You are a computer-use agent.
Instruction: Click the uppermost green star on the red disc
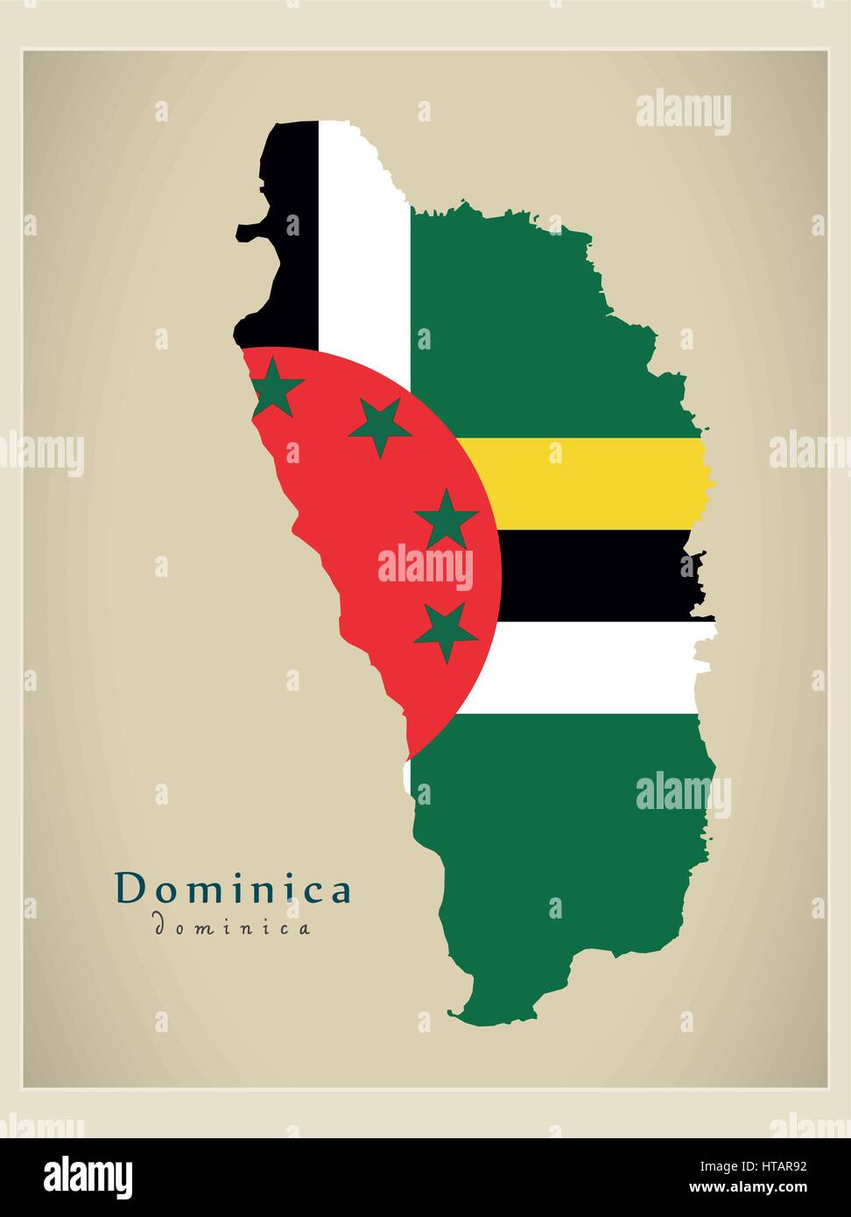[x=275, y=388]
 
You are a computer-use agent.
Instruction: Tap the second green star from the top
[x=379, y=426]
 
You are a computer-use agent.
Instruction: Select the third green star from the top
[x=446, y=519]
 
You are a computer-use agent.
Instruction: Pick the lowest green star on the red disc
[x=445, y=630]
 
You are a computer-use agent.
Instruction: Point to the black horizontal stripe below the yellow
[x=595, y=575]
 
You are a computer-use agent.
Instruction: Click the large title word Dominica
[x=233, y=890]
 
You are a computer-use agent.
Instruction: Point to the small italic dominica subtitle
[x=232, y=926]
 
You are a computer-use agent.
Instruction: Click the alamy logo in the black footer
[x=88, y=1177]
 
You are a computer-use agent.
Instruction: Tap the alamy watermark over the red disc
[x=425, y=567]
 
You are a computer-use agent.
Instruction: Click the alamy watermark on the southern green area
[x=683, y=794]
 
